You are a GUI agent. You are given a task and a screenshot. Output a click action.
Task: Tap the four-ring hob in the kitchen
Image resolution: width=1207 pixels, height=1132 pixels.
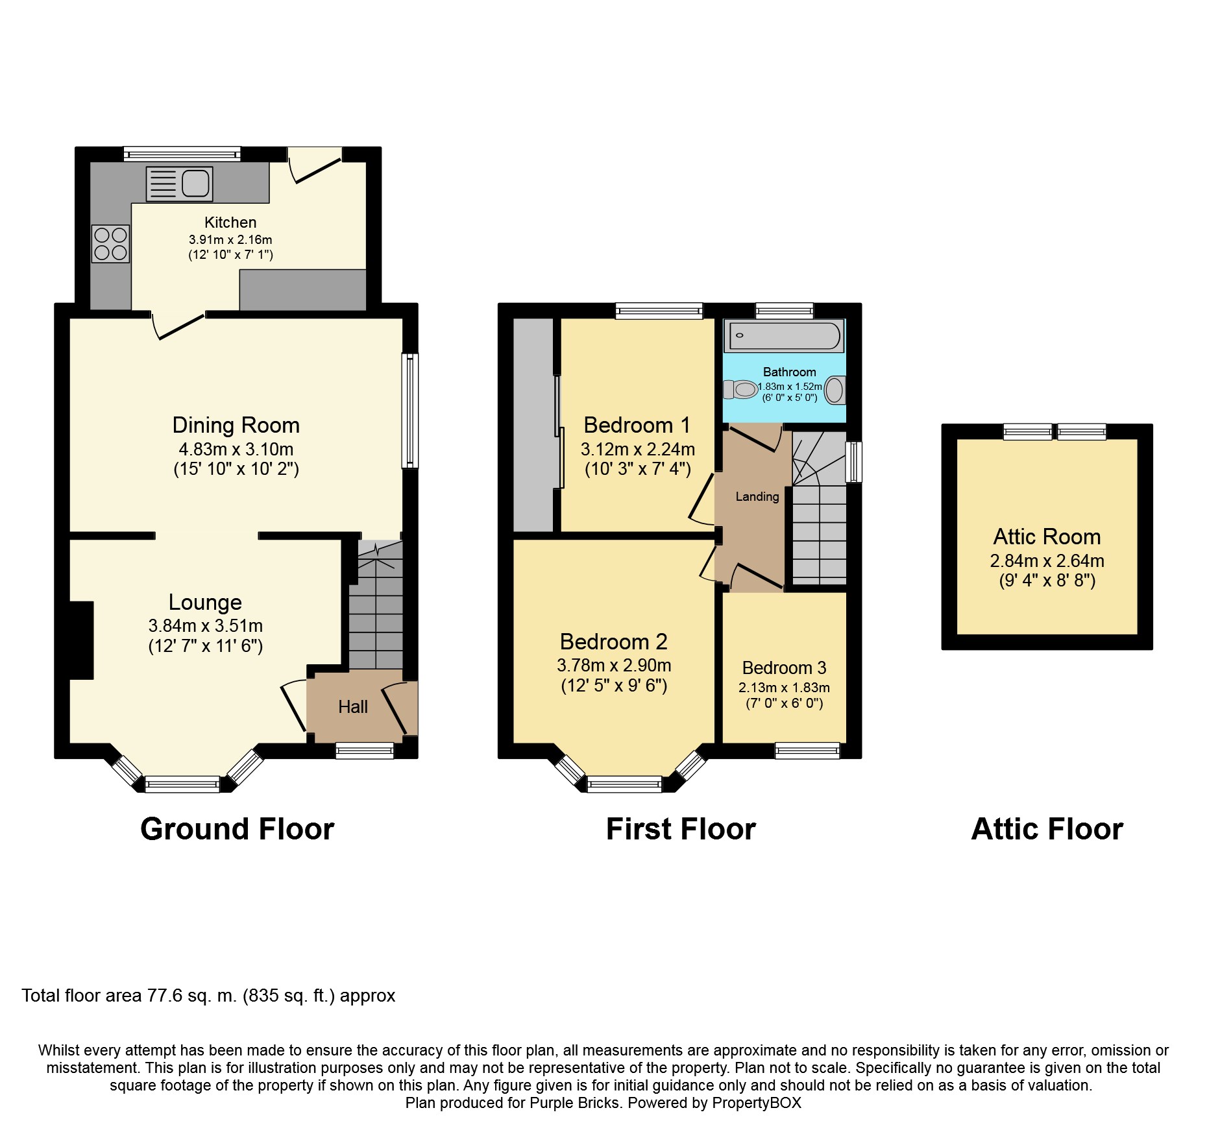click(x=111, y=243)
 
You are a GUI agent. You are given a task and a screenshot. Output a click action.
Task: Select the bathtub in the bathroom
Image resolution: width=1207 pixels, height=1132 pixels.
click(x=785, y=336)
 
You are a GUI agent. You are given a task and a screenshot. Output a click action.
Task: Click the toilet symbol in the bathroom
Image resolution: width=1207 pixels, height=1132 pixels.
click(x=742, y=390)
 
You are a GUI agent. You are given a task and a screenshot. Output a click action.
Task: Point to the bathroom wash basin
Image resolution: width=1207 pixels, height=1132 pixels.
click(x=835, y=391)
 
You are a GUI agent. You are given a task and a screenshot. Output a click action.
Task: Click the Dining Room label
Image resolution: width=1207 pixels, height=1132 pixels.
click(x=236, y=426)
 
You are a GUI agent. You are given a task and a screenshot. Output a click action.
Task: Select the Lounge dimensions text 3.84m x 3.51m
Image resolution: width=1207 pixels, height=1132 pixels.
click(x=205, y=626)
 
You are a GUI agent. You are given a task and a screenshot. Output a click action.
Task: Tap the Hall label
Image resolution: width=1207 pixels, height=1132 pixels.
click(x=352, y=707)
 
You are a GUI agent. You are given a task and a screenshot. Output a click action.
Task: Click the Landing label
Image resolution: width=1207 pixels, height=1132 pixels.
click(x=757, y=497)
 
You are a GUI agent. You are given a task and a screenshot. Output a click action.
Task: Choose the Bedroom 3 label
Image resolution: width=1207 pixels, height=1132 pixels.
click(x=784, y=668)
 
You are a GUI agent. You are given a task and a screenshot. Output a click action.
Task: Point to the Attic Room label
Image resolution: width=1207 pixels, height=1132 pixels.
click(x=1047, y=537)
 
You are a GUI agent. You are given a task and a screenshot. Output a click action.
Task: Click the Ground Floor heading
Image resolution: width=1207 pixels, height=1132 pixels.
click(x=237, y=829)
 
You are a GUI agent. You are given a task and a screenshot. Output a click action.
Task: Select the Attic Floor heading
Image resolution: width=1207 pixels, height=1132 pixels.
click(x=1047, y=829)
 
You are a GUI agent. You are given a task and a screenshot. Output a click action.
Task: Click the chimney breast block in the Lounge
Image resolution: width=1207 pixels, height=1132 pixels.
click(x=82, y=640)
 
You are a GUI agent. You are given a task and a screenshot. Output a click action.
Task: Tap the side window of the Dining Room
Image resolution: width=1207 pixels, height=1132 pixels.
click(x=410, y=410)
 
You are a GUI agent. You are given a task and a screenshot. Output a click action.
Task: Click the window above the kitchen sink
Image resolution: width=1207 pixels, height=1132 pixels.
click(x=182, y=154)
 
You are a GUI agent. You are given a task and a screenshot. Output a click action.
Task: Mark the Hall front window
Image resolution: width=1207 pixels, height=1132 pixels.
click(x=364, y=751)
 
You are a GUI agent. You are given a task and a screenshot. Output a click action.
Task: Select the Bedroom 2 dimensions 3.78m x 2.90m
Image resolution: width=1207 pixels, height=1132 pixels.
click(x=613, y=666)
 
